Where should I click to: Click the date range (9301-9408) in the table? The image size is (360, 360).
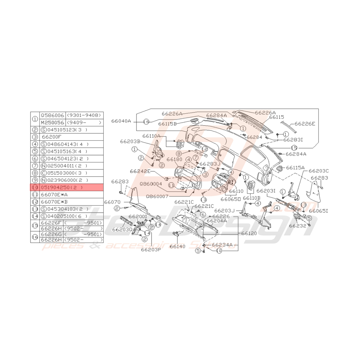tap(84, 115)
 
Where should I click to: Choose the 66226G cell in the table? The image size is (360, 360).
tap(51, 234)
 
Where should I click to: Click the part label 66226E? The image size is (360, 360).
tap(305, 124)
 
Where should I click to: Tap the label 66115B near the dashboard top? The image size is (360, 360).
tap(167, 124)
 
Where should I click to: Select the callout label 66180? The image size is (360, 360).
tap(175, 159)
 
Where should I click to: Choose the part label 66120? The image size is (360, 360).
tap(249, 234)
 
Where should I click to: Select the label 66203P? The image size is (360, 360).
tap(150, 249)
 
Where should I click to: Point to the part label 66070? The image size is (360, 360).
tap(113, 202)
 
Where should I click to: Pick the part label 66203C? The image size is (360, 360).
tap(319, 170)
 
